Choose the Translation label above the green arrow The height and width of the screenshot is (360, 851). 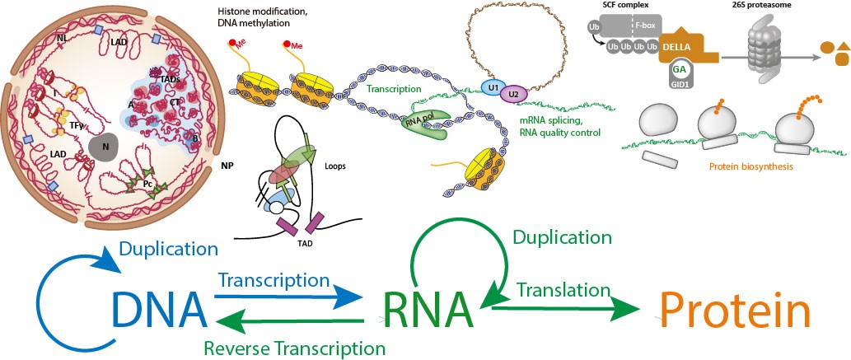point(558,289)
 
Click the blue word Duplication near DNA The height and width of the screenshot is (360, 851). point(170,247)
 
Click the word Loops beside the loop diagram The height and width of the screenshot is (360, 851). point(311,166)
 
